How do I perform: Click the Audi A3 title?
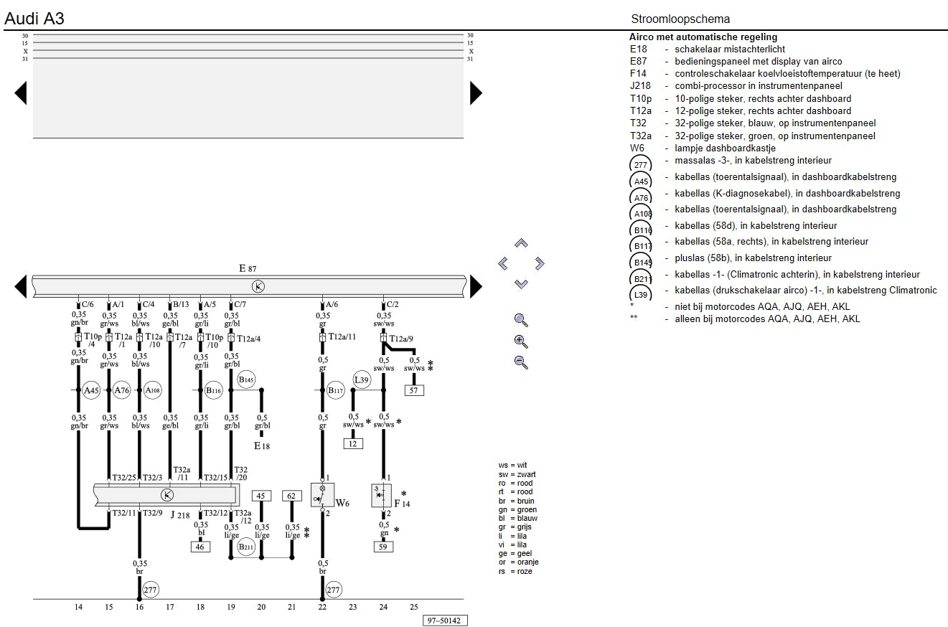34,19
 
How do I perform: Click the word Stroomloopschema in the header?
680,19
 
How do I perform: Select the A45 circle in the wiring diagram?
91,390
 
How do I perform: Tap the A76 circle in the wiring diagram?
121,390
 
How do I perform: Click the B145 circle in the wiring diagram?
246,379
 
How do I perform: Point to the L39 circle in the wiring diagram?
362,379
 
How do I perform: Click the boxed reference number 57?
413,390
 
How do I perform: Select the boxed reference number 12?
352,443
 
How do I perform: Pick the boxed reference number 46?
200,547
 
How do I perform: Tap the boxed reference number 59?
383,547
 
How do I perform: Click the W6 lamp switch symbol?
322,494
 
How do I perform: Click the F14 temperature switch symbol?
382,495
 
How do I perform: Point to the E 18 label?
261,446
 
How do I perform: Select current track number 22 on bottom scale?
322,608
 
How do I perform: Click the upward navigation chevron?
522,244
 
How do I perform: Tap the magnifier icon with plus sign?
522,341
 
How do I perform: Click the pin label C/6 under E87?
88,305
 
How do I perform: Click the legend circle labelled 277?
641,165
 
